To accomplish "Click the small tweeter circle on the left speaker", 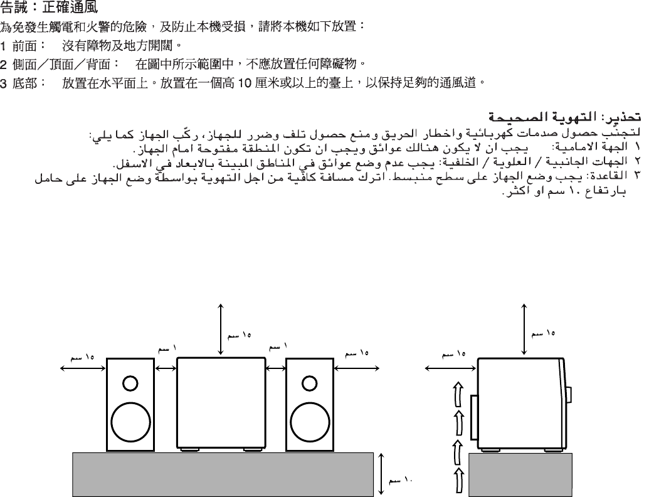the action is tap(130, 382).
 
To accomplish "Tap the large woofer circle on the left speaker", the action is tap(130, 417).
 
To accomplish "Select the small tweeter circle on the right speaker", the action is tap(309, 382).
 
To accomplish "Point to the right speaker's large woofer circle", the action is tap(309, 417).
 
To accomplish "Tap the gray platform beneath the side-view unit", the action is tap(520, 473).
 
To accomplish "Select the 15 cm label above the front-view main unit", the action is tap(239, 336).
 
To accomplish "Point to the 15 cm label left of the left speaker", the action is tap(82, 357).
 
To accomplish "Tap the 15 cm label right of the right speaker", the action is tap(357, 353).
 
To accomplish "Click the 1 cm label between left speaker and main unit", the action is tap(166, 347).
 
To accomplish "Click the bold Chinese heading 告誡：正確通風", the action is tap(49, 9).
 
